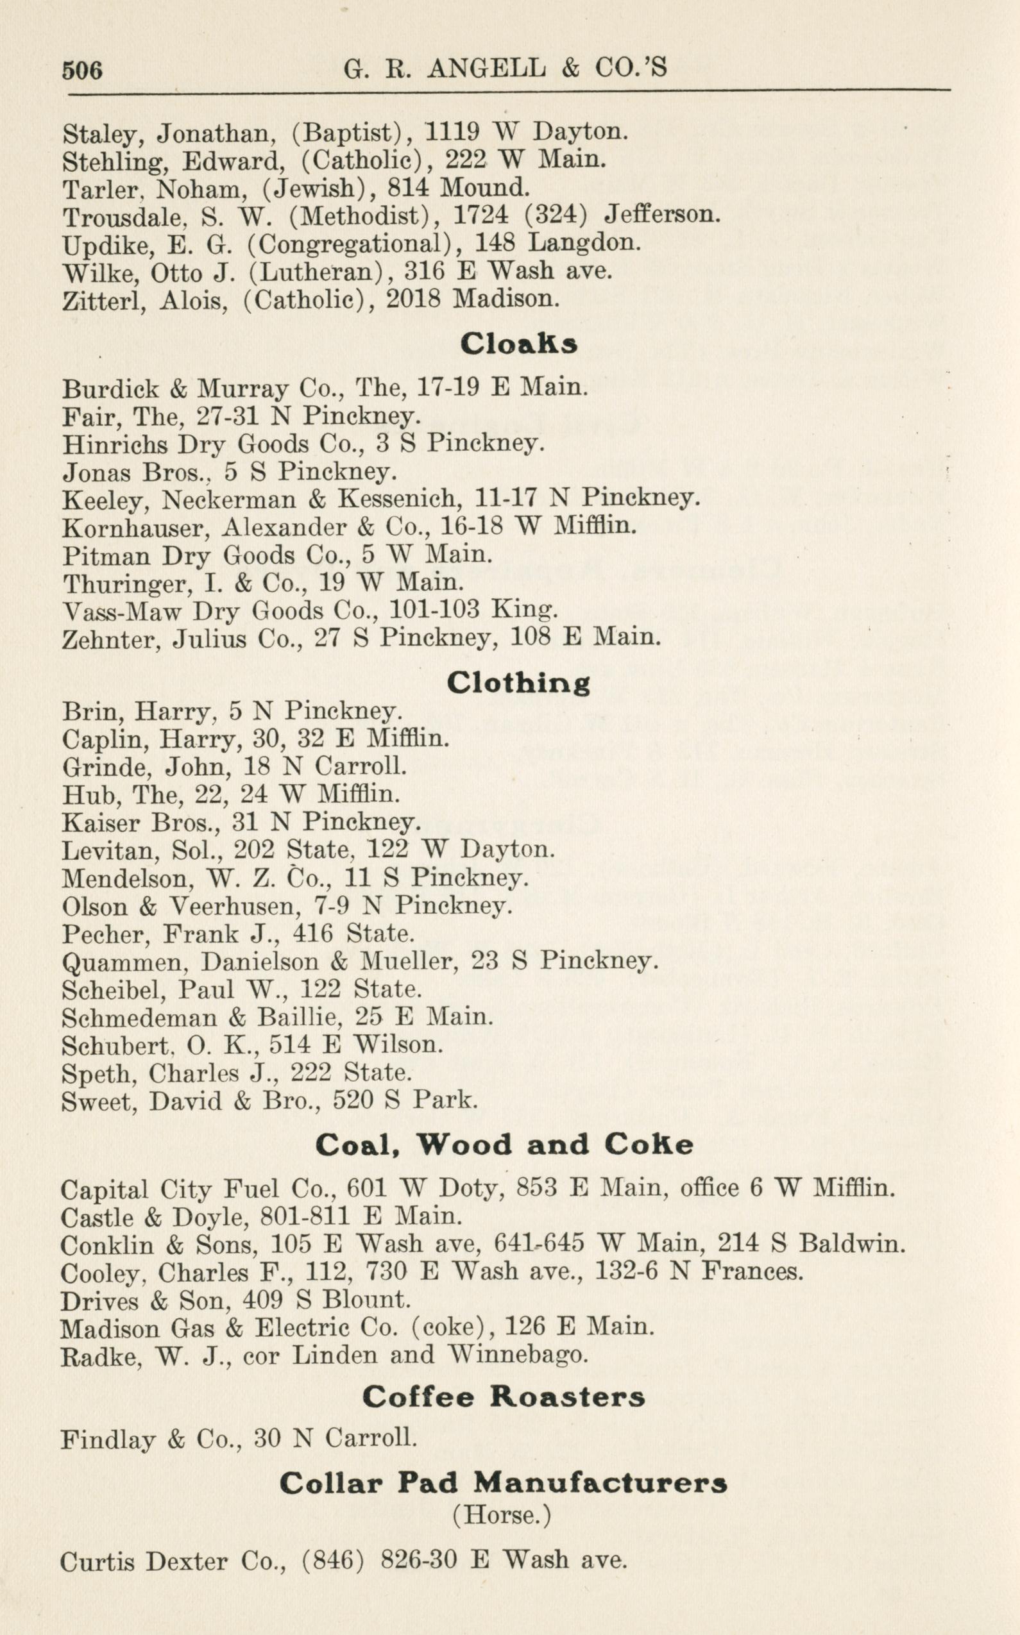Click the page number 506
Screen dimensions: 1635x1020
coord(82,70)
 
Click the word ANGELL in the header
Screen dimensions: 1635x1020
coord(486,68)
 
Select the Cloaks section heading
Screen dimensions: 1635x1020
coord(519,344)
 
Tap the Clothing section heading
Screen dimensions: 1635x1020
coord(518,683)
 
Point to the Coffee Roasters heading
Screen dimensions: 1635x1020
coord(503,1396)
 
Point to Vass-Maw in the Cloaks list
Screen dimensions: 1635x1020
coord(121,611)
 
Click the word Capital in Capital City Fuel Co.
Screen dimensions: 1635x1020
coord(105,1189)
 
